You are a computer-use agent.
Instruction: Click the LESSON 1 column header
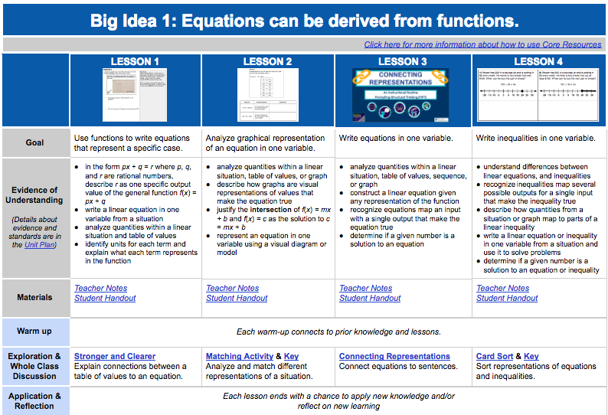tap(136, 61)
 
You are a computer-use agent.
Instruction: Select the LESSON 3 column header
tap(403, 61)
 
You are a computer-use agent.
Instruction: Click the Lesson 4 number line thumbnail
tap(538, 96)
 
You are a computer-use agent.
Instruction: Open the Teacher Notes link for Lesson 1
tap(100, 288)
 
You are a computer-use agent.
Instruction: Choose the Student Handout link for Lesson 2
tap(237, 298)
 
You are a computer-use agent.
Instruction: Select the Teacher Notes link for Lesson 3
tap(365, 288)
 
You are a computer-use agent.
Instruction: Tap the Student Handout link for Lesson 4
tap(507, 298)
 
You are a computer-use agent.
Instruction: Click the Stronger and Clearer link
tap(115, 356)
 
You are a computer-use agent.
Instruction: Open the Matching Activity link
tap(240, 356)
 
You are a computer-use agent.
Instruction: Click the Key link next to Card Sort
tap(531, 356)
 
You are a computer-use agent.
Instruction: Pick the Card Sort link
tap(495, 356)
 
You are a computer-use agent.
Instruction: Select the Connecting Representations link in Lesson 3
tap(394, 356)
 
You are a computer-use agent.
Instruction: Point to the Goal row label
tap(35, 142)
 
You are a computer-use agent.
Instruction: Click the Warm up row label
tap(35, 332)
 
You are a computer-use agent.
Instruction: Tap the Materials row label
tap(35, 297)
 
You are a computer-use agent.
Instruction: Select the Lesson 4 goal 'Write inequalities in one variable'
tap(535, 138)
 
